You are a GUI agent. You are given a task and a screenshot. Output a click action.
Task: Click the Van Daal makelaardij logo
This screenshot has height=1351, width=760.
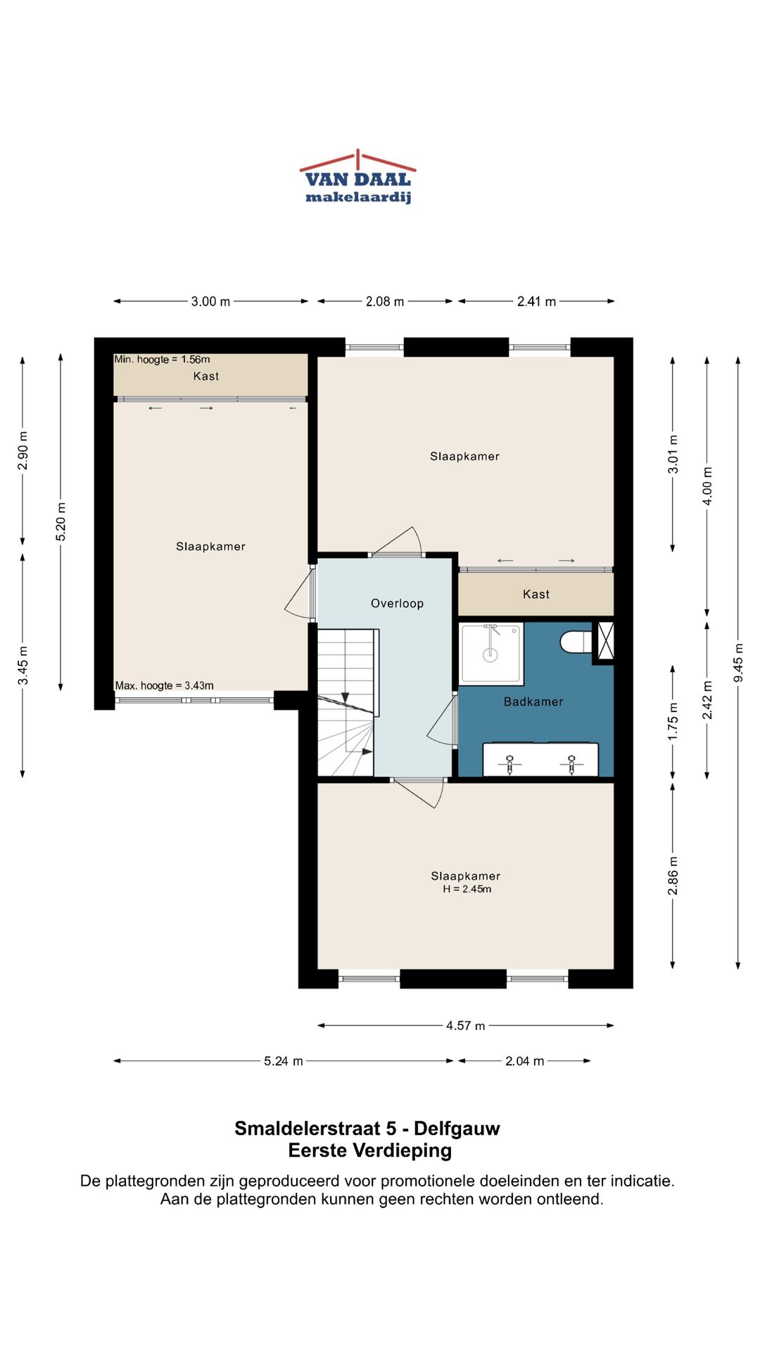[357, 177]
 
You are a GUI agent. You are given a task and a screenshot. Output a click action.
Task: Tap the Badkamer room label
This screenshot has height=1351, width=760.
[533, 702]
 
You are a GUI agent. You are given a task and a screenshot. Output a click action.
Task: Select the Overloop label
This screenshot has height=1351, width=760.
[397, 603]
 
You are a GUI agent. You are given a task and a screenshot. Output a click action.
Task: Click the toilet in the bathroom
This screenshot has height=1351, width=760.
[576, 642]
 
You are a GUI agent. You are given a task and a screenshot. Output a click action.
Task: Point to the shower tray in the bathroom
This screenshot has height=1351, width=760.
[491, 654]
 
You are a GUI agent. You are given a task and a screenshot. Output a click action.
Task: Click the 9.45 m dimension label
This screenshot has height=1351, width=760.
[738, 662]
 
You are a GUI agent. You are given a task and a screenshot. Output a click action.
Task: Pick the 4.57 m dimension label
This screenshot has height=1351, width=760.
[465, 1025]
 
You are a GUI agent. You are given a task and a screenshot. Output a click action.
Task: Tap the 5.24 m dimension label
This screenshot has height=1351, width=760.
[283, 1060]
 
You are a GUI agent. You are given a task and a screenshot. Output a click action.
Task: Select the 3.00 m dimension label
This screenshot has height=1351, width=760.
[210, 301]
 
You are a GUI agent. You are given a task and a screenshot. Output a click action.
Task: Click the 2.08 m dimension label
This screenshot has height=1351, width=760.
[384, 301]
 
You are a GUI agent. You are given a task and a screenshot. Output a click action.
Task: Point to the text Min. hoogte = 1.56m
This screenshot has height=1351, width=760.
[162, 359]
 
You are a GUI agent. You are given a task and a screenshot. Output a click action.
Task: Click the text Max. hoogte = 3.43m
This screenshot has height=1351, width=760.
[165, 685]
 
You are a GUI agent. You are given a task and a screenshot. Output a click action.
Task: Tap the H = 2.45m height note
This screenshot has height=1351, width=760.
[467, 889]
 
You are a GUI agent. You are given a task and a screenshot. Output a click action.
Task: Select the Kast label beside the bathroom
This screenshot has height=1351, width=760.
[536, 594]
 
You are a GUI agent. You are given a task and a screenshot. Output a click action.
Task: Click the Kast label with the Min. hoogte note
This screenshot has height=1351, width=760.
[206, 376]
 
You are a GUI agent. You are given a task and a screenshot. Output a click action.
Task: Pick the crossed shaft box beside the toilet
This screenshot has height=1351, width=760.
[604, 641]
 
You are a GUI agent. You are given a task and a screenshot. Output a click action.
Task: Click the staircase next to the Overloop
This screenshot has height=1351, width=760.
[345, 702]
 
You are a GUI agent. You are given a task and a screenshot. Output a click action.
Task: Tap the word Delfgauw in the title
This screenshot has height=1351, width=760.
[457, 1128]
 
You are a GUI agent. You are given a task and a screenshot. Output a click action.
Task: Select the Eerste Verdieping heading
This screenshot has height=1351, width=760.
[370, 1150]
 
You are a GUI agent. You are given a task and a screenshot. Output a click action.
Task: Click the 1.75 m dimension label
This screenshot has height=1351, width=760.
[673, 721]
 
